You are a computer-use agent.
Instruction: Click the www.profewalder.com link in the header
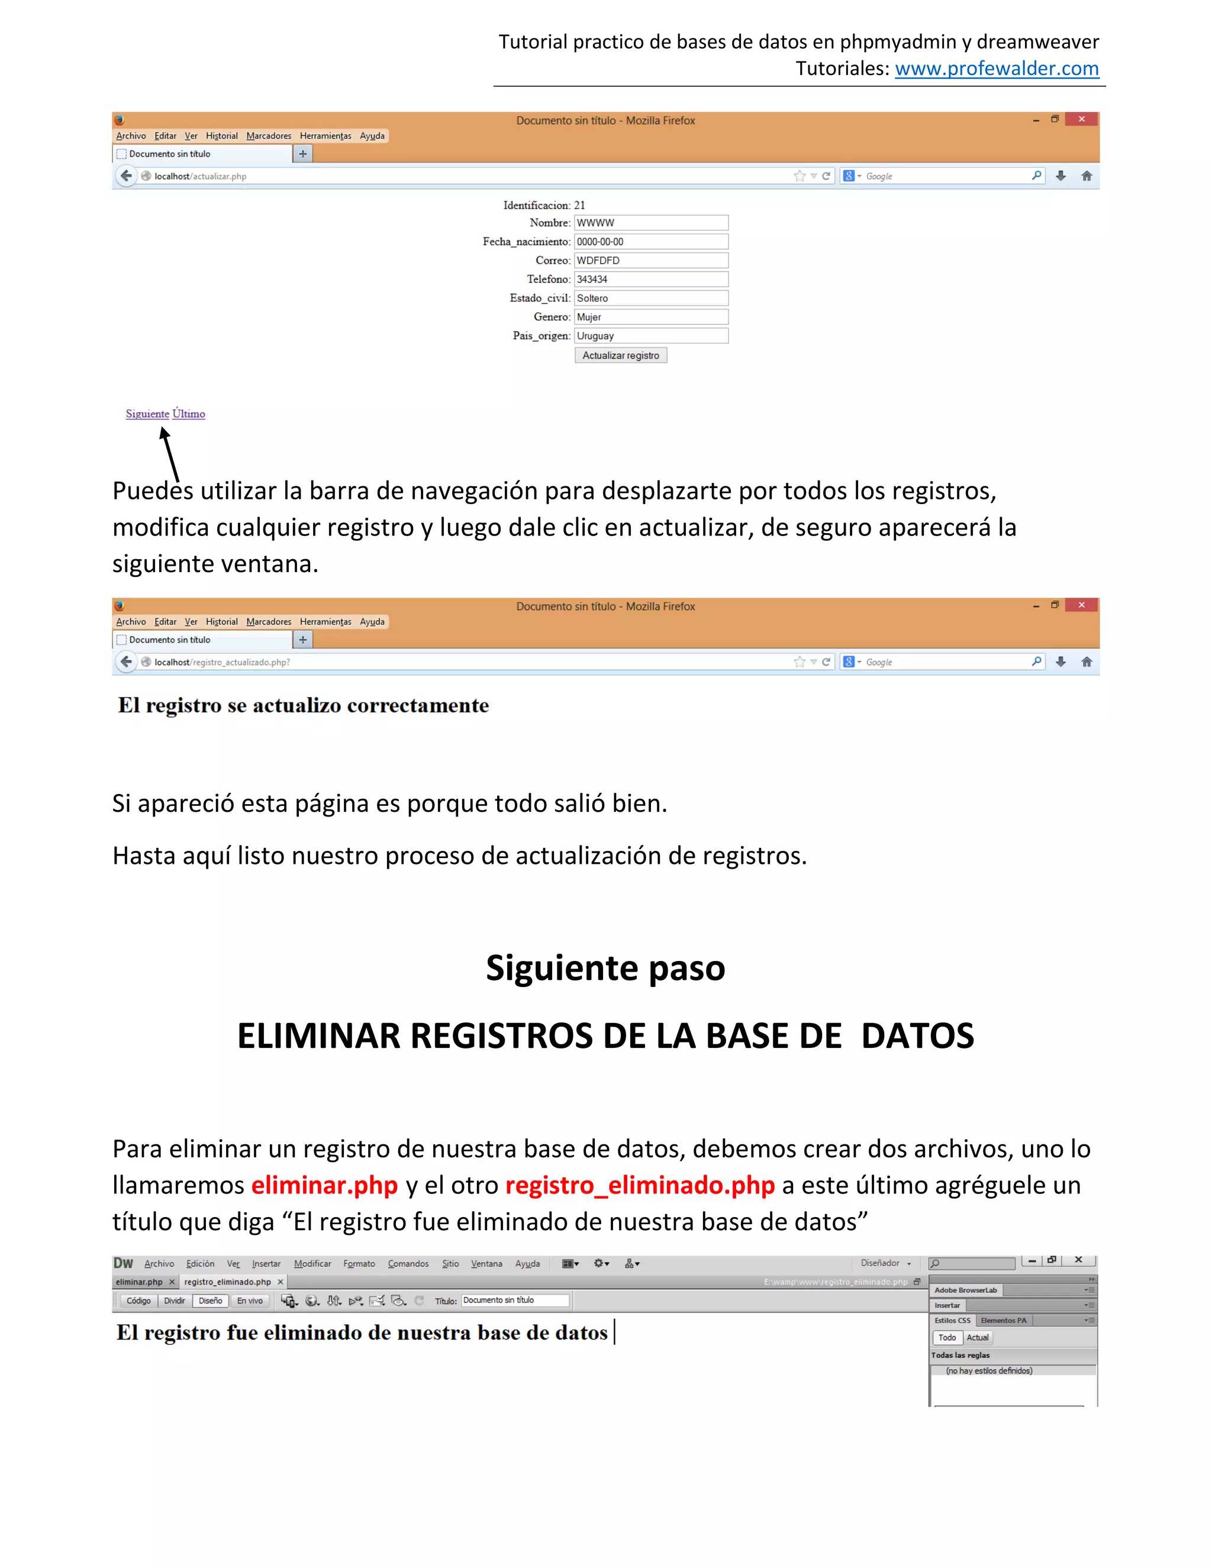(x=996, y=68)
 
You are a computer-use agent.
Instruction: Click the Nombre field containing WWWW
(x=650, y=222)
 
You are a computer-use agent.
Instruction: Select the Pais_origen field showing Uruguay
(x=650, y=335)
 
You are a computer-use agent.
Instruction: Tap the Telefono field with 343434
(x=650, y=279)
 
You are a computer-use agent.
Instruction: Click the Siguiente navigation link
(x=147, y=414)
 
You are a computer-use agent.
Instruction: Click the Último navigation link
(x=189, y=414)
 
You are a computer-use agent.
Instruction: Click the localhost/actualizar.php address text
(x=201, y=176)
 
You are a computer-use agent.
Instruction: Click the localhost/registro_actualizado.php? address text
(x=222, y=662)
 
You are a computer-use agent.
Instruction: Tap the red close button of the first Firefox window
(x=1081, y=119)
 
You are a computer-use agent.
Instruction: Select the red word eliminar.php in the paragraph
(x=324, y=1185)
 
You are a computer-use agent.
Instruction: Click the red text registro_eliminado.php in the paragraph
(x=639, y=1185)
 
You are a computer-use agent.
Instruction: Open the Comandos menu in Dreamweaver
(x=408, y=1264)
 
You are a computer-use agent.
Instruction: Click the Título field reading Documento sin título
(x=514, y=1300)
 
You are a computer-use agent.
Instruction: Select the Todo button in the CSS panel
(x=947, y=1338)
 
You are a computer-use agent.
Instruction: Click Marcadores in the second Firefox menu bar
(x=269, y=622)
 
